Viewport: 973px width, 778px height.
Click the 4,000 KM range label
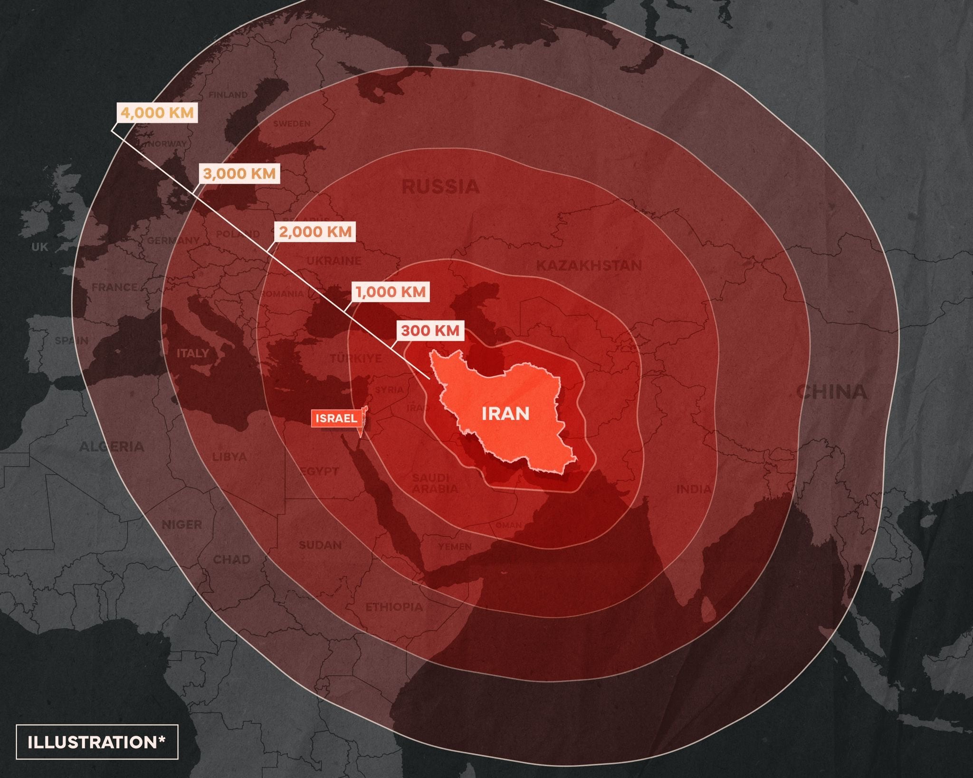[157, 113]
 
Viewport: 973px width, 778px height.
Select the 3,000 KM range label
[239, 173]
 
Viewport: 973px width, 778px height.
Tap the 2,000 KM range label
[315, 232]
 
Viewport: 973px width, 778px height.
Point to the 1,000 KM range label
[391, 292]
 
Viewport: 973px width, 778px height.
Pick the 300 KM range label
[430, 331]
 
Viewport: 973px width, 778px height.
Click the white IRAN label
[506, 414]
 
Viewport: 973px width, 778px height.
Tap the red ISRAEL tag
[336, 418]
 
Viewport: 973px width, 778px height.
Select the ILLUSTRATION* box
[97, 742]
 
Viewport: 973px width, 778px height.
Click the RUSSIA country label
[440, 187]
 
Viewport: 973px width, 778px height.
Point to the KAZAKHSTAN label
[589, 265]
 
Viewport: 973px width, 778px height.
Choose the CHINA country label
[832, 392]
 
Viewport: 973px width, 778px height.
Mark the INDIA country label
[694, 489]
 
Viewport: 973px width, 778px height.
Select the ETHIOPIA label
[393, 607]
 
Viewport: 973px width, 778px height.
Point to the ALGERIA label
[111, 446]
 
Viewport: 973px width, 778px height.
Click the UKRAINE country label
[334, 261]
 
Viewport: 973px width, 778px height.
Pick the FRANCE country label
[114, 287]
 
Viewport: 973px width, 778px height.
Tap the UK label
[40, 247]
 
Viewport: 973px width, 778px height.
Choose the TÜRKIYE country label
[356, 358]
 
